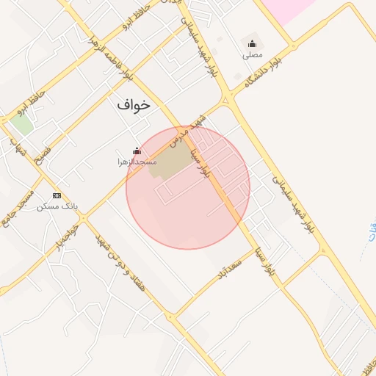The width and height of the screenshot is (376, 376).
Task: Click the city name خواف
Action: click(133, 105)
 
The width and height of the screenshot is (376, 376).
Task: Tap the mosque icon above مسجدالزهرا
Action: click(136, 151)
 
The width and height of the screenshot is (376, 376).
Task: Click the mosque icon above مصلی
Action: click(253, 44)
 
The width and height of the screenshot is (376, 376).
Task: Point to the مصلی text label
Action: click(253, 54)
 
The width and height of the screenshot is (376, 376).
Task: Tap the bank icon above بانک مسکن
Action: click(57, 196)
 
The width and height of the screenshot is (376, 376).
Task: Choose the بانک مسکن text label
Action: click(57, 206)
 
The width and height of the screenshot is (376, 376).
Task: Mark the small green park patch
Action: click(21, 123)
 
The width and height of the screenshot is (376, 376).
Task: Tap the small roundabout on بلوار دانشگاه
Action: click(230, 98)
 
